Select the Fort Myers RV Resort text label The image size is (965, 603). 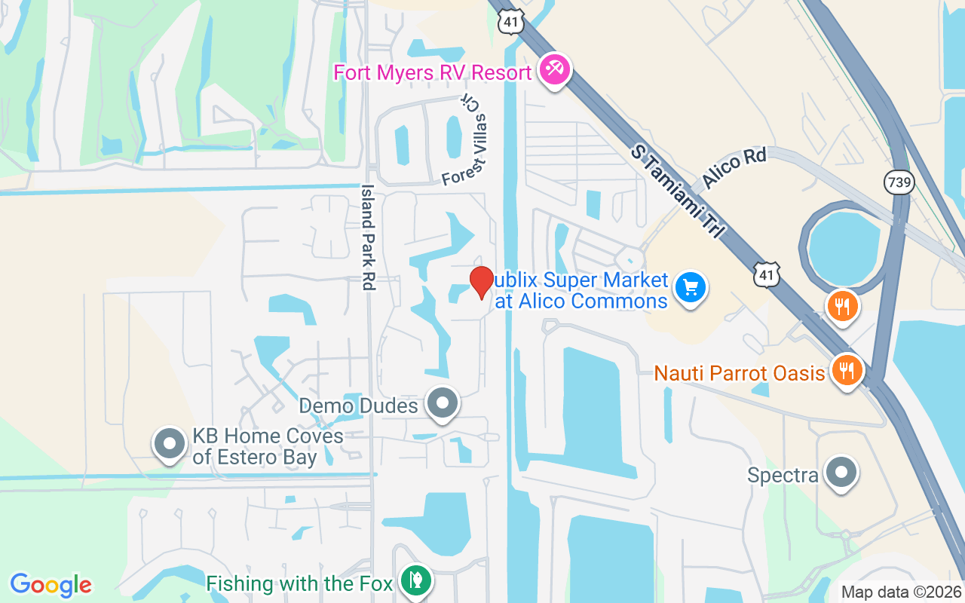point(433,73)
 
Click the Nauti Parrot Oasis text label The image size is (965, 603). point(739,373)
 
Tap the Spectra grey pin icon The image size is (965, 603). point(841,473)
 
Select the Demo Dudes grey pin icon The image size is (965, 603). point(443,404)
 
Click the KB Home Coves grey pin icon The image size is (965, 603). point(170,444)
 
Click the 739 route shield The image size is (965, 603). point(899,182)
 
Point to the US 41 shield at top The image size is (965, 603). point(510,23)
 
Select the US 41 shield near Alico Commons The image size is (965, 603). point(767,275)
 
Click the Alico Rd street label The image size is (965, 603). point(734,168)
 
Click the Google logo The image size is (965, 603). point(51,585)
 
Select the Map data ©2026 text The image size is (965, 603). point(901,592)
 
